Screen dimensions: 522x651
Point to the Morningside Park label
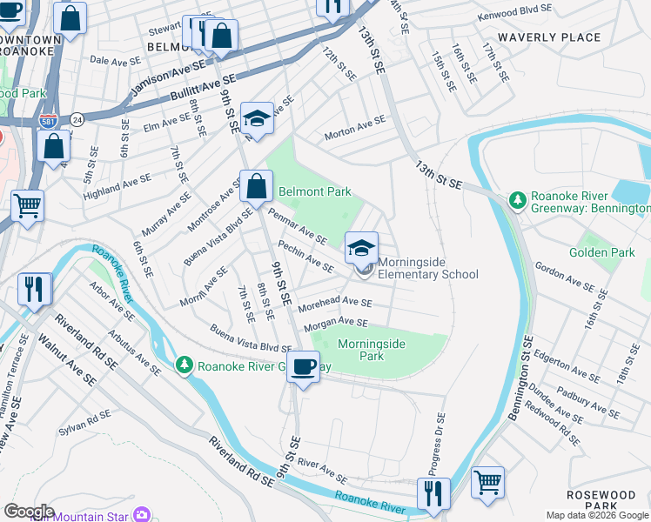372,350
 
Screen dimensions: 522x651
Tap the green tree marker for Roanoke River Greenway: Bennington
517,201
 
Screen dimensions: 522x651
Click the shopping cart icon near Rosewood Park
487,481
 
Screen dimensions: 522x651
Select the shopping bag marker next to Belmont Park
257,185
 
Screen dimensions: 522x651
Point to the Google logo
29,512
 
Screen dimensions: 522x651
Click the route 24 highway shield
77,118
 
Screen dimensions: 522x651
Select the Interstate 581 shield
44,121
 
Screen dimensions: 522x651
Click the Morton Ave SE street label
354,128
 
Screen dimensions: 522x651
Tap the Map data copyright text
596,515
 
